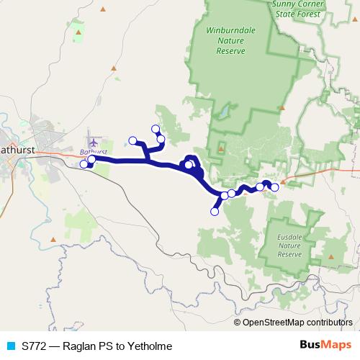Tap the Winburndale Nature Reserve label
tap(225, 41)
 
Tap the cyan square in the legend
tap(10, 346)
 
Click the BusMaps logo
tap(325, 346)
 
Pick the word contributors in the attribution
tap(329, 323)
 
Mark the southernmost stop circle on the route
tap(214, 211)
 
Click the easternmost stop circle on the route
tap(274, 187)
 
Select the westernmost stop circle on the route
tap(84, 164)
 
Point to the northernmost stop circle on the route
tap(155, 128)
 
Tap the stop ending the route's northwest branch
tap(132, 140)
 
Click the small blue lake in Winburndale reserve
tap(225, 113)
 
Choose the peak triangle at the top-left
tap(102, 9)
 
